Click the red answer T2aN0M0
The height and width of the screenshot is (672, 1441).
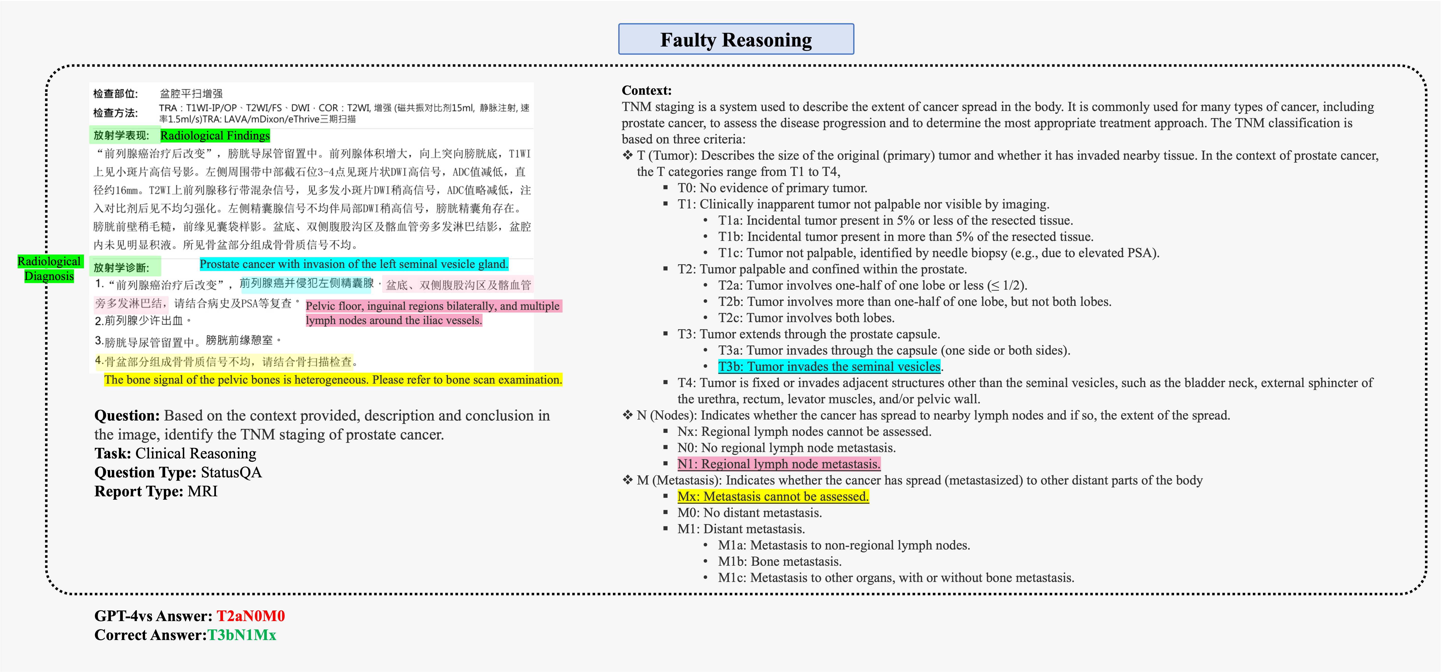[x=251, y=616]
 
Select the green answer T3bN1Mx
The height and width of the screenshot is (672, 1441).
[x=242, y=635]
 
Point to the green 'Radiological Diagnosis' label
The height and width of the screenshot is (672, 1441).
[x=49, y=269]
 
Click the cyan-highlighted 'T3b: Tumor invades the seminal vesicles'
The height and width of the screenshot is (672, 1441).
[x=829, y=367]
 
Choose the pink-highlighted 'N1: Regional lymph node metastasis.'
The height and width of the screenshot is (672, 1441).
[x=779, y=464]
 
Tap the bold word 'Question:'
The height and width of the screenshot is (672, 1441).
[x=127, y=416]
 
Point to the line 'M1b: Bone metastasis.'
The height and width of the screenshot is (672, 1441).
[x=780, y=561]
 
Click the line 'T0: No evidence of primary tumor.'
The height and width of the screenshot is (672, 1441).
[x=772, y=188]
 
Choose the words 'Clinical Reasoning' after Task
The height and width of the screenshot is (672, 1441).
[x=196, y=453]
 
